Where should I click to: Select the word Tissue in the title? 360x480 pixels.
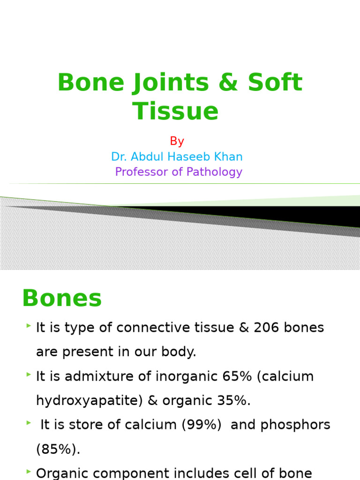pos(176,111)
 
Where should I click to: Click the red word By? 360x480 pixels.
pos(177,141)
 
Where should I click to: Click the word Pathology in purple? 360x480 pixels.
pos(214,172)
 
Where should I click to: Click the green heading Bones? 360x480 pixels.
pos(62,298)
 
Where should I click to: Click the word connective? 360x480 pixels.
pos(154,328)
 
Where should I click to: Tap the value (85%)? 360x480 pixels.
pos(58,450)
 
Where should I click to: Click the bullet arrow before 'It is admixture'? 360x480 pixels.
pos(29,375)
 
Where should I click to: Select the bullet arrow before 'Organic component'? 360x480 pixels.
pos(29,472)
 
